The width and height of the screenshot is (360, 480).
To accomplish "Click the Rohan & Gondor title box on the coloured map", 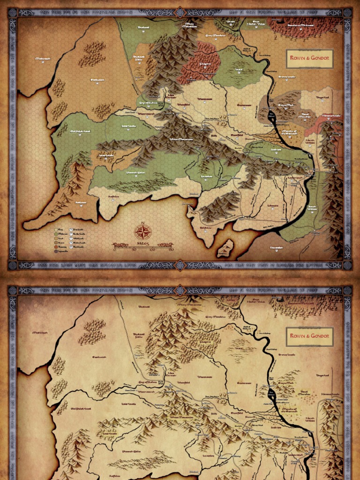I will (x=309, y=59).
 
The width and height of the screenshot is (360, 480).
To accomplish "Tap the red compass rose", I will (x=143, y=232).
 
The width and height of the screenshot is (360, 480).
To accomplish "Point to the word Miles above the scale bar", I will (x=143, y=244).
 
